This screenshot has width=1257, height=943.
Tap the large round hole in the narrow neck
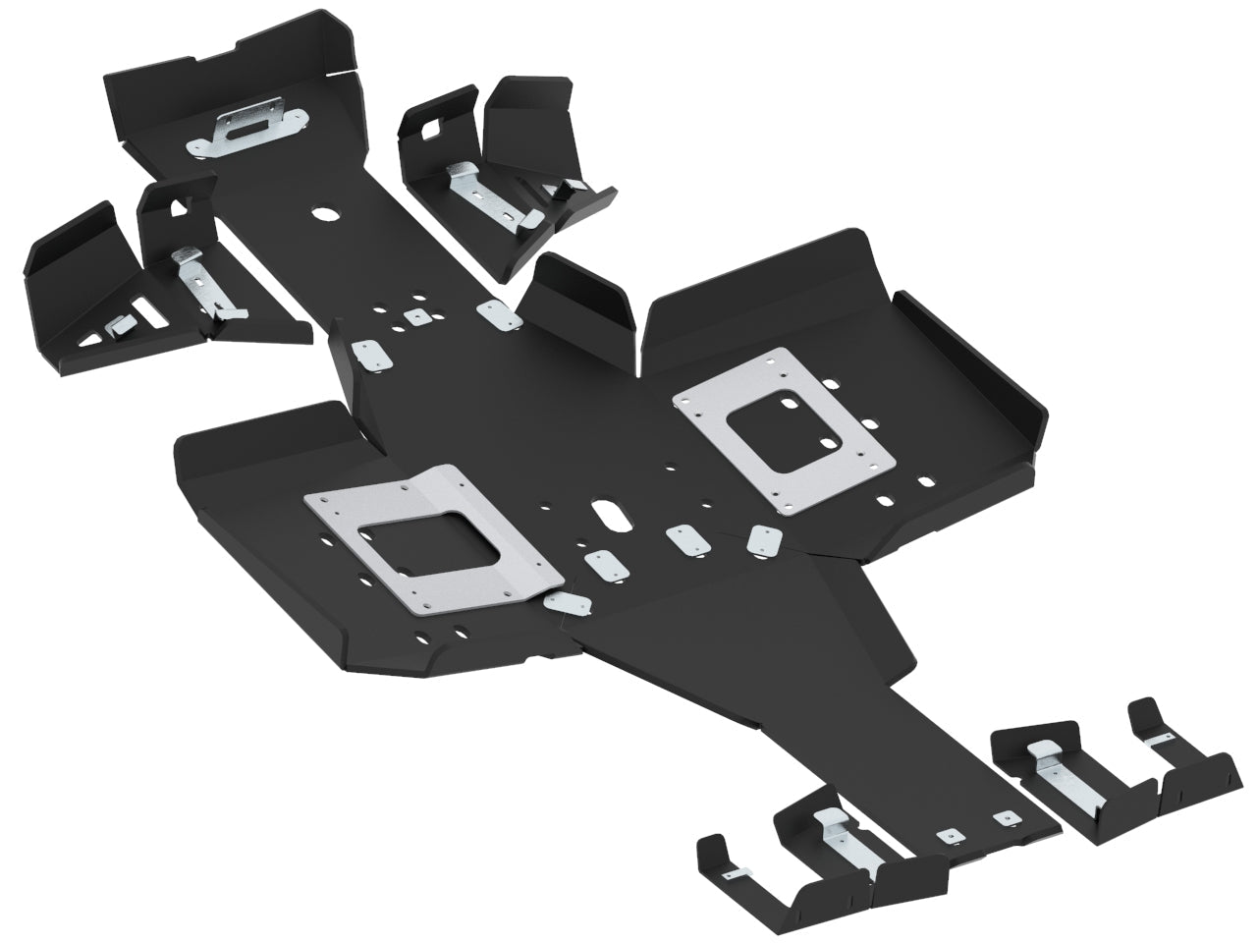pyautogui.click(x=321, y=213)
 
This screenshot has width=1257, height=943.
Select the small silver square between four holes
pyautogui.click(x=417, y=316)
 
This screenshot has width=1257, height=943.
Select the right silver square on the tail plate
pyautogui.click(x=1002, y=817)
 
